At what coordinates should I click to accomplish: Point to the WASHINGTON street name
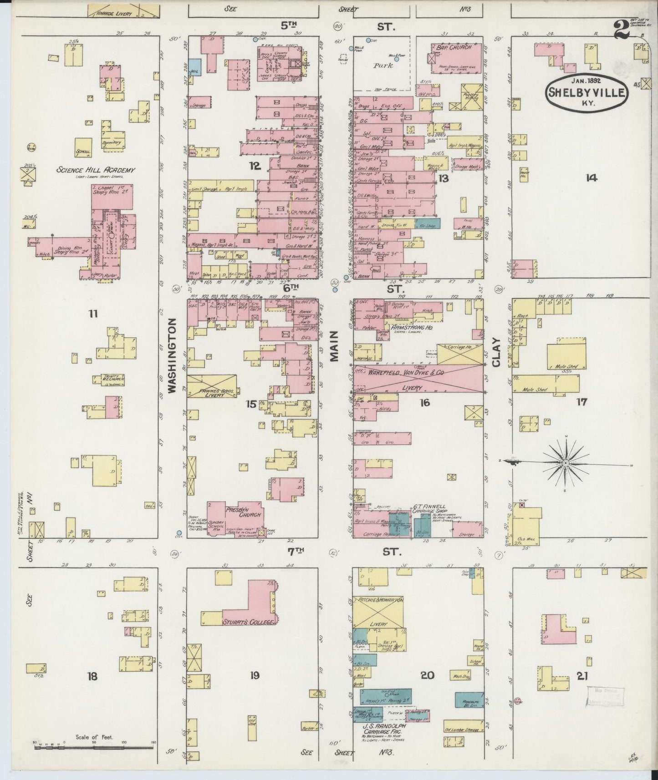[172, 355]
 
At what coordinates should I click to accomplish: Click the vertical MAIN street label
[335, 346]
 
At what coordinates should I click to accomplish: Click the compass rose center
[565, 462]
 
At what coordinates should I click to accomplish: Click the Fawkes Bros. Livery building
[212, 386]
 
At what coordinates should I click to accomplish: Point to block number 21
[581, 676]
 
